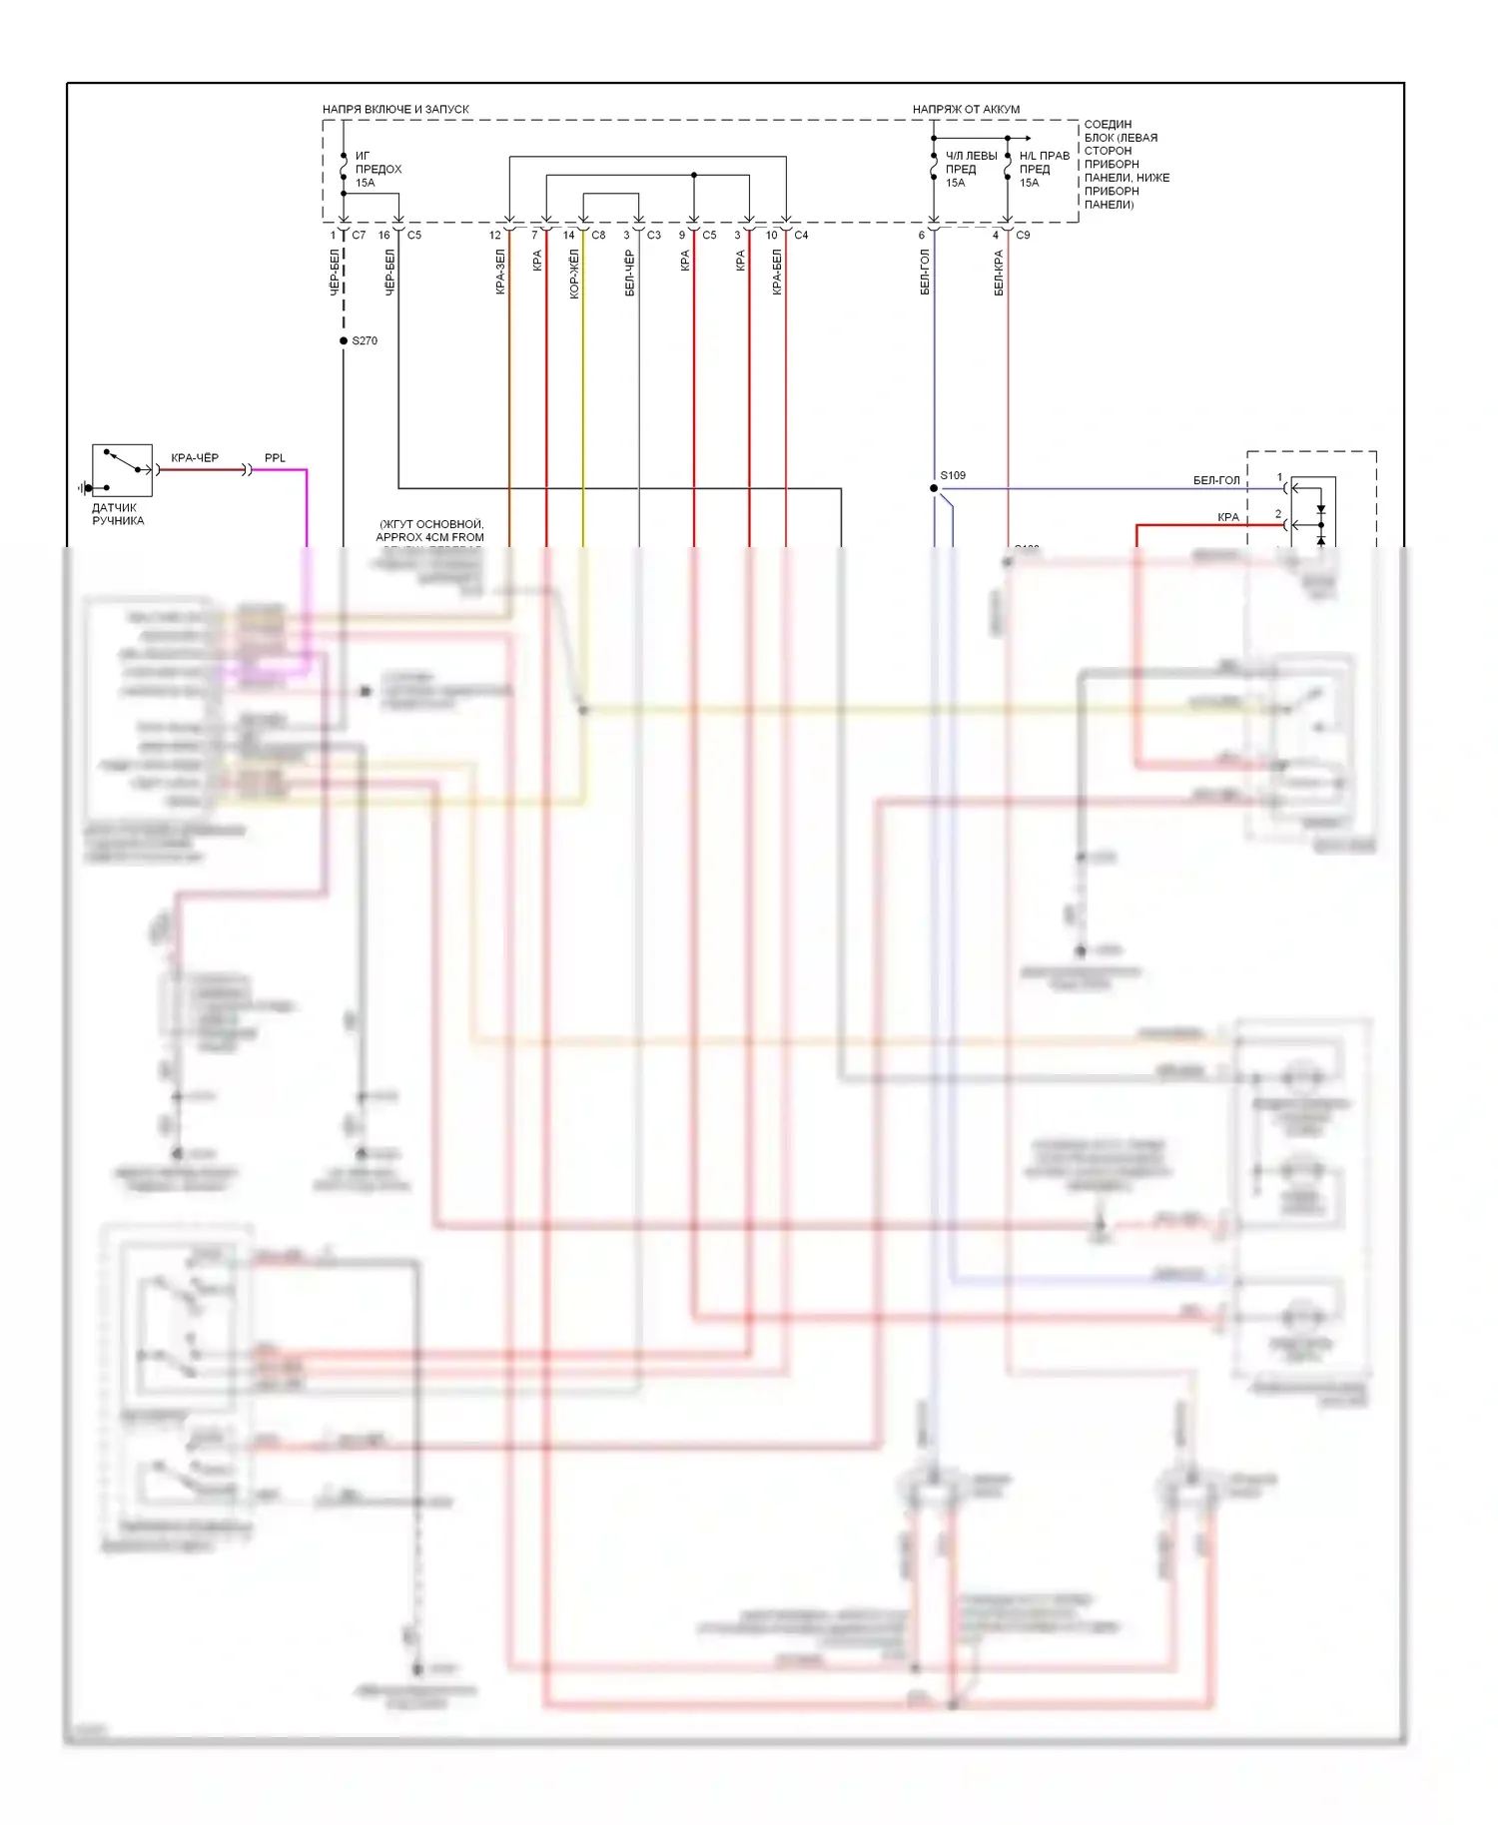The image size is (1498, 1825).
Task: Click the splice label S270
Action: [365, 340]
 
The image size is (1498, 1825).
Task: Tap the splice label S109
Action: [953, 475]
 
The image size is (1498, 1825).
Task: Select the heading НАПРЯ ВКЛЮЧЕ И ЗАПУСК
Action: [395, 109]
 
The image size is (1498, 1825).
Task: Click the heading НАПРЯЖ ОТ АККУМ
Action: [966, 109]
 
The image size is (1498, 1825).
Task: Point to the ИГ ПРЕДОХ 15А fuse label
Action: [377, 169]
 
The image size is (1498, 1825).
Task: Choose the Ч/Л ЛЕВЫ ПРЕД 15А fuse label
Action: [970, 169]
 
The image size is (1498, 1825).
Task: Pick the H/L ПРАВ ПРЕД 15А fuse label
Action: [1044, 169]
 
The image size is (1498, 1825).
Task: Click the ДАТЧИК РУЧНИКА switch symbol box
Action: [122, 470]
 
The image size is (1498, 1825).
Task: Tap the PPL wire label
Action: [275, 458]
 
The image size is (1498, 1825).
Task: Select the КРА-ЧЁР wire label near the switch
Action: [195, 458]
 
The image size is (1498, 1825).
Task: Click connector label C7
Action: [359, 236]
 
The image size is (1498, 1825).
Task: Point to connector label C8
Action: [598, 236]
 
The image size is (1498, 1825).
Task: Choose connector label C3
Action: [654, 236]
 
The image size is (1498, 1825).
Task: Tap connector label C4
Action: [801, 236]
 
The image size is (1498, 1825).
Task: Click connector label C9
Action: [1023, 236]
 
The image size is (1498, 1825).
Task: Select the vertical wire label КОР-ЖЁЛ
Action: [574, 274]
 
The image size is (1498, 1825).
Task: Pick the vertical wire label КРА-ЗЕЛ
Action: [500, 272]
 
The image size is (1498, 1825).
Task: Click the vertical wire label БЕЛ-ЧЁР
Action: [629, 273]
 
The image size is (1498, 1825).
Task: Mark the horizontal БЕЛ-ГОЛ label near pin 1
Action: [1216, 480]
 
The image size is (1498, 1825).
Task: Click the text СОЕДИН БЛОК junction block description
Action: [1125, 164]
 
